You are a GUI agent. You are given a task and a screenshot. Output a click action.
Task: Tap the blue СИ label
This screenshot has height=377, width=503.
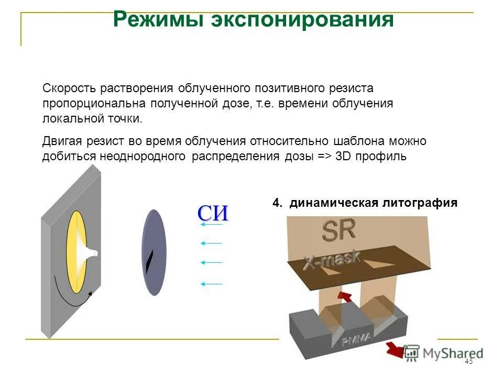(213, 213)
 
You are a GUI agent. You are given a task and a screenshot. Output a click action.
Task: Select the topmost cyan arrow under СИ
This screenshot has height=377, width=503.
(211, 225)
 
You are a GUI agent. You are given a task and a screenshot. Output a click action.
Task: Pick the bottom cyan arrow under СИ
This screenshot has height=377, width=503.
(211, 284)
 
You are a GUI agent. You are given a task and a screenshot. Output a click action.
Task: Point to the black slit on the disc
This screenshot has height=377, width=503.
(150, 262)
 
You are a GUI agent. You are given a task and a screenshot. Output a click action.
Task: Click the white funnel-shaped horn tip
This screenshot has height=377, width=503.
(92, 254)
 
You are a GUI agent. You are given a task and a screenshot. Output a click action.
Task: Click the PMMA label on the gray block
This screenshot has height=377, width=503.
(356, 340)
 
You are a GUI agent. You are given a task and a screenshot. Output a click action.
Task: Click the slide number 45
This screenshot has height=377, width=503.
(468, 362)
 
